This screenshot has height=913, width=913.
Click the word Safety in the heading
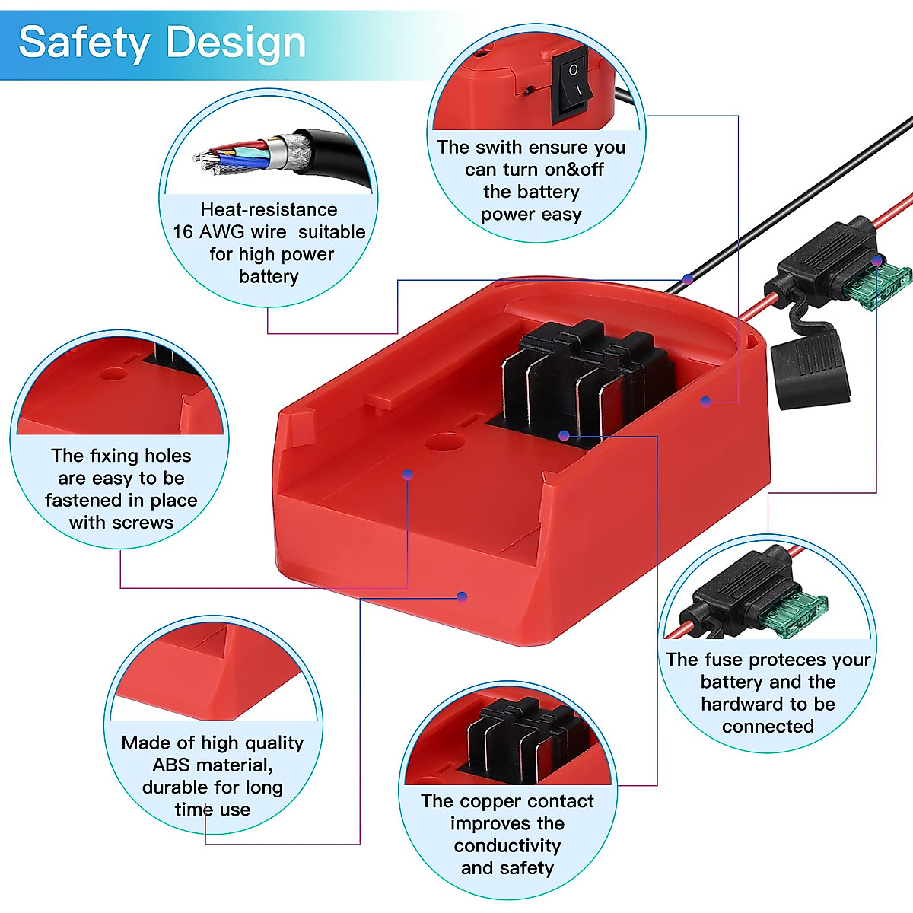84,43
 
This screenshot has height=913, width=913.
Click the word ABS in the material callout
171,765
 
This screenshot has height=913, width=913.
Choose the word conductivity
507,846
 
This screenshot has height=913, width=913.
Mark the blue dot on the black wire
688,279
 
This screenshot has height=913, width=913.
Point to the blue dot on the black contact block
564,435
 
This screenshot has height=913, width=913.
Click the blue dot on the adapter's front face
462,596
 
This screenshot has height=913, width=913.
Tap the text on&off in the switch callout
574,170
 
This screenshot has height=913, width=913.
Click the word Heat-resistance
269,209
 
